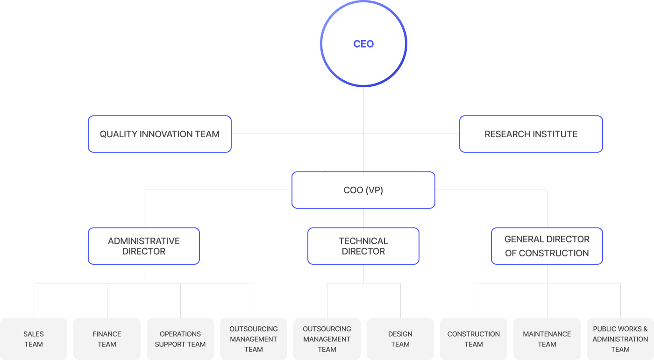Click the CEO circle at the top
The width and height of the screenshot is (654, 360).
pos(363,44)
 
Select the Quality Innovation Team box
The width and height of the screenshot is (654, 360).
pos(159,134)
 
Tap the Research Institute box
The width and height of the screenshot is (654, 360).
pos(531,134)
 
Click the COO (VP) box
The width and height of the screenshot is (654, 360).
pos(363,190)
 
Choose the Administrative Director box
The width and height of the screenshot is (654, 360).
pos(144,246)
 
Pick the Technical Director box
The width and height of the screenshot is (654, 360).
pos(363,246)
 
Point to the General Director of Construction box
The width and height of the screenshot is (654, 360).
pos(547,246)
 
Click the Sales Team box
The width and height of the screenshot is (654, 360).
pos(34,339)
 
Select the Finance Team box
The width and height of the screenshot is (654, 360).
pos(107,339)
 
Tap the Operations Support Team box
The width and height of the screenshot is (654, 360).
pos(180,339)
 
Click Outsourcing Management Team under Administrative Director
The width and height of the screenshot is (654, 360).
pos(254,339)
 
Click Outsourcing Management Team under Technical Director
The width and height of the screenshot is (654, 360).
pos(327,339)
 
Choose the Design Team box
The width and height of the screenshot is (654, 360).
pos(400,339)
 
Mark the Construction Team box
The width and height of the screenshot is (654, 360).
pos(474,339)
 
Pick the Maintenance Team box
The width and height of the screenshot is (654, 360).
pos(547,339)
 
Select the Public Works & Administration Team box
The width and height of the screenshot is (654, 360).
pos(620,339)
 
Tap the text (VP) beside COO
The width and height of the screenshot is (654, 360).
pos(374,191)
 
